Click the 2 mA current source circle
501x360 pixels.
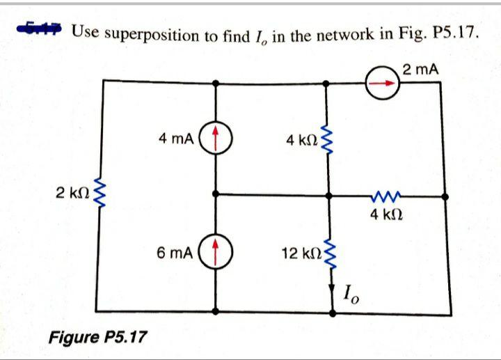pyautogui.click(x=385, y=82)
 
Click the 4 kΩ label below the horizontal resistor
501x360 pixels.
pyautogui.click(x=384, y=215)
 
